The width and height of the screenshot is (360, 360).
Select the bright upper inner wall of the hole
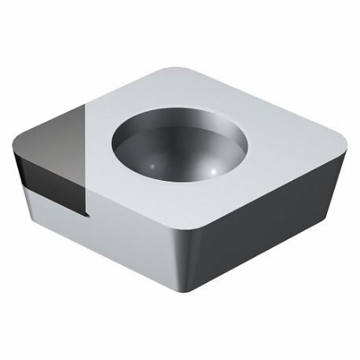[169, 126]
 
